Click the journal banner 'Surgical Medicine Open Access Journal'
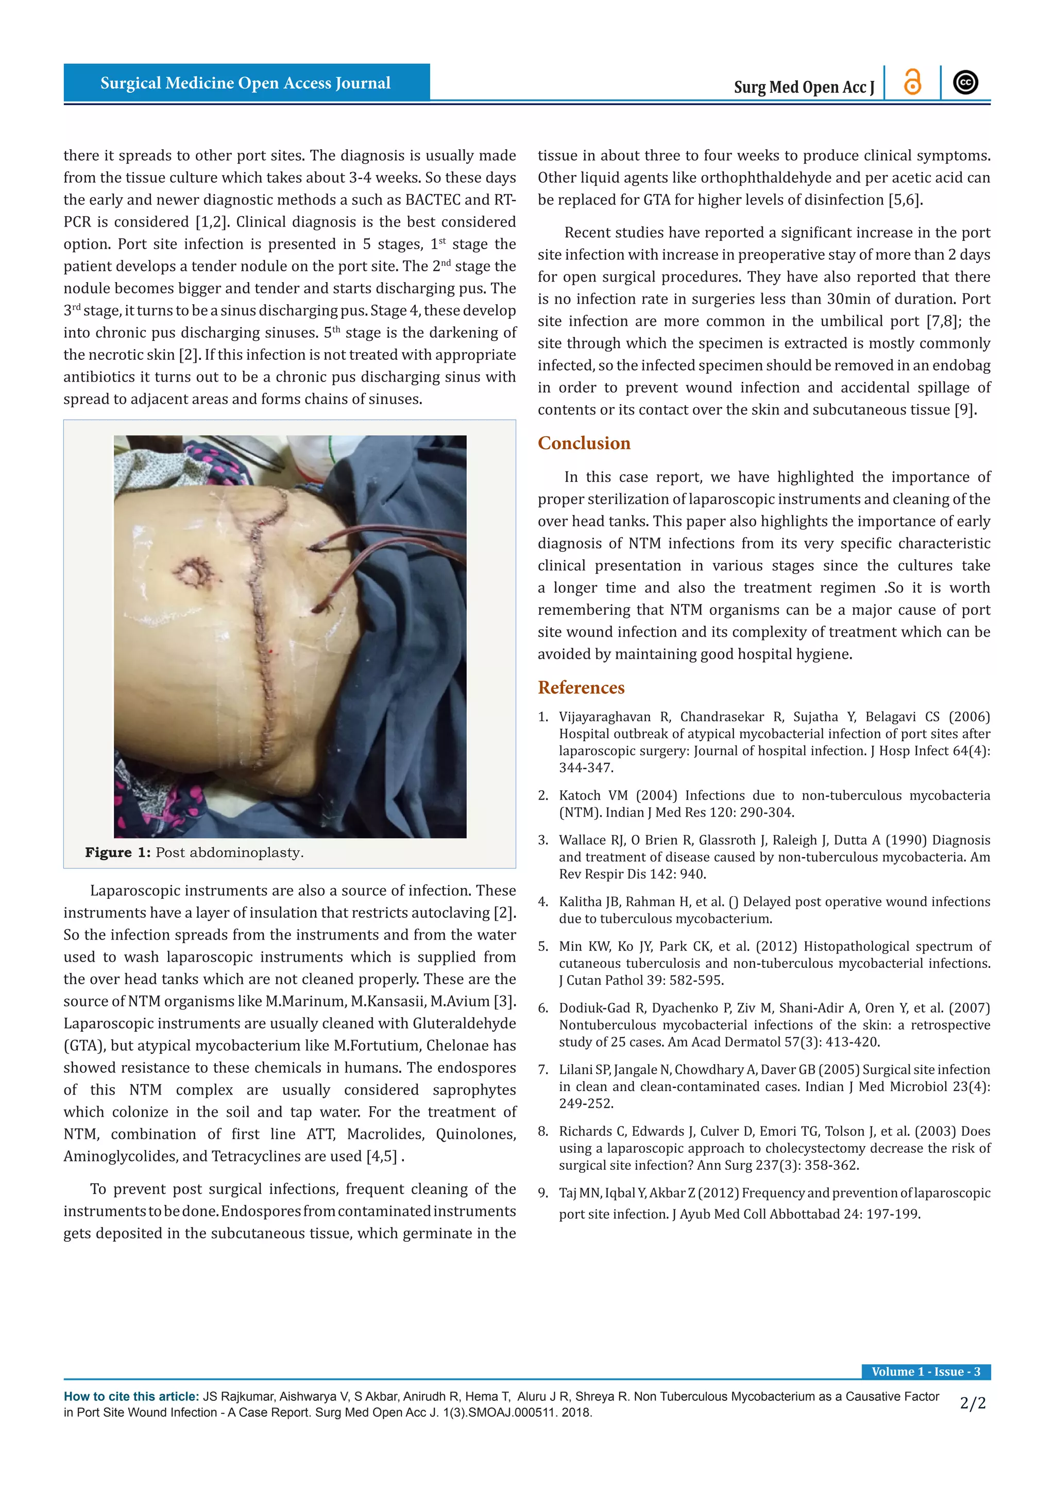(246, 83)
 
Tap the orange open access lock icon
(913, 82)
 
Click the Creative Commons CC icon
(965, 82)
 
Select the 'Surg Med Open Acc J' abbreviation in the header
(804, 87)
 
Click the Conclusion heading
(583, 443)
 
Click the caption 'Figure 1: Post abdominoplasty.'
(194, 852)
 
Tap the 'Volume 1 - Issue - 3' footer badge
(926, 1372)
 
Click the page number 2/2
(973, 1403)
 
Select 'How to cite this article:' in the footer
(131, 1396)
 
